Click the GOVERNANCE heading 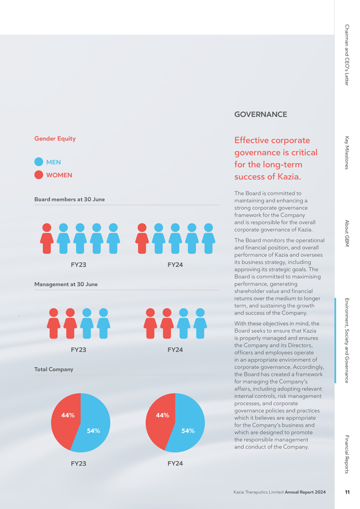point(260,115)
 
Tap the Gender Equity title point(55,139)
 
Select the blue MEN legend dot point(39,161)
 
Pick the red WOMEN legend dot point(39,175)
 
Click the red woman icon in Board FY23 point(47,238)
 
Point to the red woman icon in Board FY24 point(142,238)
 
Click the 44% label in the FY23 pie point(68,415)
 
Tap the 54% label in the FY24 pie point(188,431)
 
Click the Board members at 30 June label point(69,200)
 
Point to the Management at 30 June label point(66,285)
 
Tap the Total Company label point(54,370)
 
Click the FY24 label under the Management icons point(175,349)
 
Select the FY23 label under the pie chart point(79,463)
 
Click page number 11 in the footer point(347,492)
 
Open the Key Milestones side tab point(347,153)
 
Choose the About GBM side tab point(347,233)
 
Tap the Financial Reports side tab point(347,454)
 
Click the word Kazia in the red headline point(289,176)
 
